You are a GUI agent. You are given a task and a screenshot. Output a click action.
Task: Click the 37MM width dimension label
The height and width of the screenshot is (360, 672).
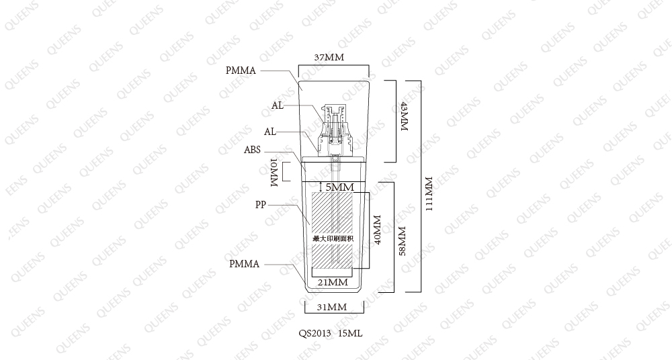click(329, 58)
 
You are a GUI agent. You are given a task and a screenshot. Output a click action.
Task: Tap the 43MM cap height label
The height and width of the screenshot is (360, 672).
click(404, 116)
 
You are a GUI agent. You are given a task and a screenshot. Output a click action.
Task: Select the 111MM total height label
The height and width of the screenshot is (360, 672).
click(429, 193)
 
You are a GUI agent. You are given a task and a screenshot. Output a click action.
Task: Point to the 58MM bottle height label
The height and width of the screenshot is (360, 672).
click(402, 241)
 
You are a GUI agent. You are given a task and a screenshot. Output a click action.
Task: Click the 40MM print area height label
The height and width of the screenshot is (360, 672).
click(377, 230)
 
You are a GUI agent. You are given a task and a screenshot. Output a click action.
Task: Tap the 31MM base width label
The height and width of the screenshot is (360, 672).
click(332, 307)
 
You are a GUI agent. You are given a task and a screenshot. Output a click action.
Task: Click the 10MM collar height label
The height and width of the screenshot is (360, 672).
click(275, 173)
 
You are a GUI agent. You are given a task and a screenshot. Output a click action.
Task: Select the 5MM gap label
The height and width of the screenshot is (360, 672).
click(340, 187)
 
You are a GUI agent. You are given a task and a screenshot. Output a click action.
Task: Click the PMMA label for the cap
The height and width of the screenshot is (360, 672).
click(241, 71)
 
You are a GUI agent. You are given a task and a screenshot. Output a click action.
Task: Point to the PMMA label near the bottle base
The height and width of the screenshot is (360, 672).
click(245, 264)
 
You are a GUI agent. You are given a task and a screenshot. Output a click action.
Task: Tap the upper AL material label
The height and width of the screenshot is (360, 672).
click(278, 105)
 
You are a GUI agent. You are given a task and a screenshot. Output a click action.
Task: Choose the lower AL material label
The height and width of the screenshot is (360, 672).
click(270, 132)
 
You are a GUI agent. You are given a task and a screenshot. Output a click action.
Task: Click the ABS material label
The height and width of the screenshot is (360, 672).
click(253, 150)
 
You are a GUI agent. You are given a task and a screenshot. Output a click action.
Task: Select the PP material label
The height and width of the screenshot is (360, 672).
click(261, 205)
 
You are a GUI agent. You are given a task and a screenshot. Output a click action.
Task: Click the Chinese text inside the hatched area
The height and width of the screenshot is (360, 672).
click(333, 238)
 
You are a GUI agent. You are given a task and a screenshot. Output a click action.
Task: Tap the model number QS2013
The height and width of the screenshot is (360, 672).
click(315, 333)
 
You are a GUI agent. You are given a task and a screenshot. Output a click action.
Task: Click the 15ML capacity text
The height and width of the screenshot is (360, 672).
click(350, 333)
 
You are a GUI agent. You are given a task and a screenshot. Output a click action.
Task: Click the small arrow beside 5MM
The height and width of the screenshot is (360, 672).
click(321, 187)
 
